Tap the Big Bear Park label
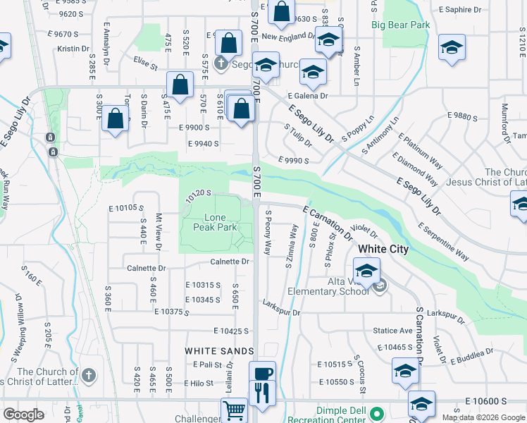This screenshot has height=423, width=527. click(x=400, y=25)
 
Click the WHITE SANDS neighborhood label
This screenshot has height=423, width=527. click(x=219, y=351)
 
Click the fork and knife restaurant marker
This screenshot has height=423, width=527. click(x=262, y=392)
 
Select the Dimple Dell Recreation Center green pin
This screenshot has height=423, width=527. click(x=377, y=413)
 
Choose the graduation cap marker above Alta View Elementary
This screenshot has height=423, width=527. click(x=366, y=271)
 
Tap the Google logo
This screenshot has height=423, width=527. click(x=24, y=415)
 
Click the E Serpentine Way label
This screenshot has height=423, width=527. click(x=443, y=242)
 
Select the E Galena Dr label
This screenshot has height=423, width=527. click(x=307, y=96)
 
